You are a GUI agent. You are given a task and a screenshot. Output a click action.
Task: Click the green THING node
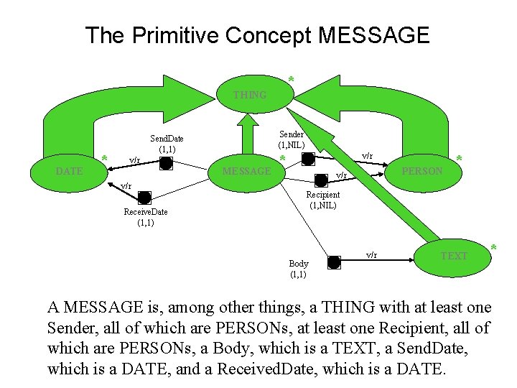249,94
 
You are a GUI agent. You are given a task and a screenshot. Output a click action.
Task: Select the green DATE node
70,171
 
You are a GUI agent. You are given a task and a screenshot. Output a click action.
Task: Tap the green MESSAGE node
247,171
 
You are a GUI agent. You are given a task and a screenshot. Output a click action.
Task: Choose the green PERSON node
422,171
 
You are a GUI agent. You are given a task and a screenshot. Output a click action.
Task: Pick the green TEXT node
454,256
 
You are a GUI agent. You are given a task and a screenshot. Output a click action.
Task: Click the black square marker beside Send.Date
166,164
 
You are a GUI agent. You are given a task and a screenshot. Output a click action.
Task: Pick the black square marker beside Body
334,262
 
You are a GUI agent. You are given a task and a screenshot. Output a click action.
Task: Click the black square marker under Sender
307,159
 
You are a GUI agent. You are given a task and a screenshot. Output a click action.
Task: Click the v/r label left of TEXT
371,254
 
